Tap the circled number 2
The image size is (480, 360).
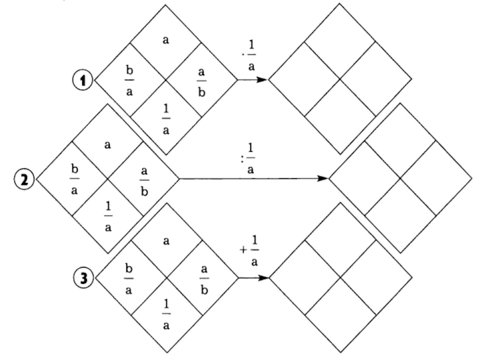[x=23, y=179]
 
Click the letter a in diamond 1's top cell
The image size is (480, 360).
[x=166, y=40]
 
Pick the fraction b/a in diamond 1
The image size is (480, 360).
[x=130, y=80]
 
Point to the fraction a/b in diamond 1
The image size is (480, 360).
[x=202, y=80]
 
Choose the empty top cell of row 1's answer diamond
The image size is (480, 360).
[x=340, y=42]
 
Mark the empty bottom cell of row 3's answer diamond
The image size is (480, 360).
[x=340, y=315]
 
